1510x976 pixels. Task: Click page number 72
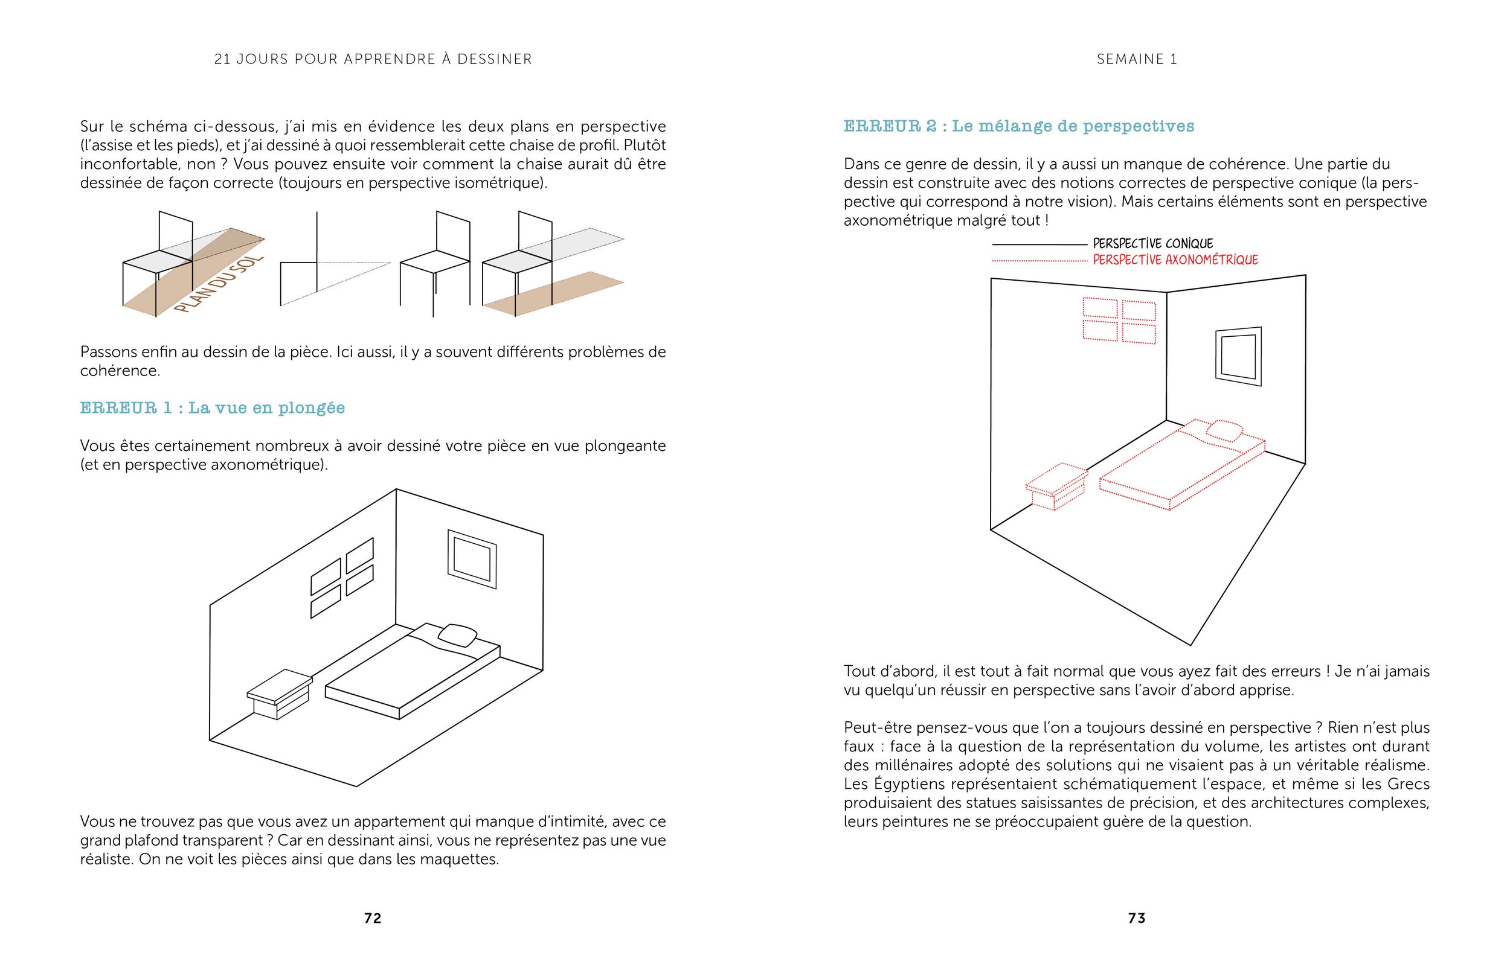[x=372, y=917]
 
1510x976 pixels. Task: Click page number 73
[x=1137, y=917]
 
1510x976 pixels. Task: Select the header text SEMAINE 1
[x=1137, y=59]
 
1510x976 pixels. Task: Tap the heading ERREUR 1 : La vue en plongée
[x=213, y=407]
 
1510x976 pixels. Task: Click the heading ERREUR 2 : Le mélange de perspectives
[x=1018, y=126]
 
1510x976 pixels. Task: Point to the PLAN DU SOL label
[x=219, y=284]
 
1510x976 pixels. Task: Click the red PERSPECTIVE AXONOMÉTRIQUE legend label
[x=1175, y=260]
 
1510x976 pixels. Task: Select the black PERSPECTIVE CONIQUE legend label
[x=1152, y=243]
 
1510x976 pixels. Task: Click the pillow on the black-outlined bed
[x=458, y=634]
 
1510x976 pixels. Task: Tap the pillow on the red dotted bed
[x=1223, y=430]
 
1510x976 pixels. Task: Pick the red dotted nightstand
[x=1056, y=485]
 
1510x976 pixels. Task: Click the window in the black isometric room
[x=472, y=559]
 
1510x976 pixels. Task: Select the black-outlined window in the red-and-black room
[x=1238, y=356]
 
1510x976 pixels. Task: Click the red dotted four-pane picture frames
[x=1119, y=320]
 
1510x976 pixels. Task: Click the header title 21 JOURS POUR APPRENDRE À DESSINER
[x=373, y=59]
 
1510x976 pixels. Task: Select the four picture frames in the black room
[x=342, y=578]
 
